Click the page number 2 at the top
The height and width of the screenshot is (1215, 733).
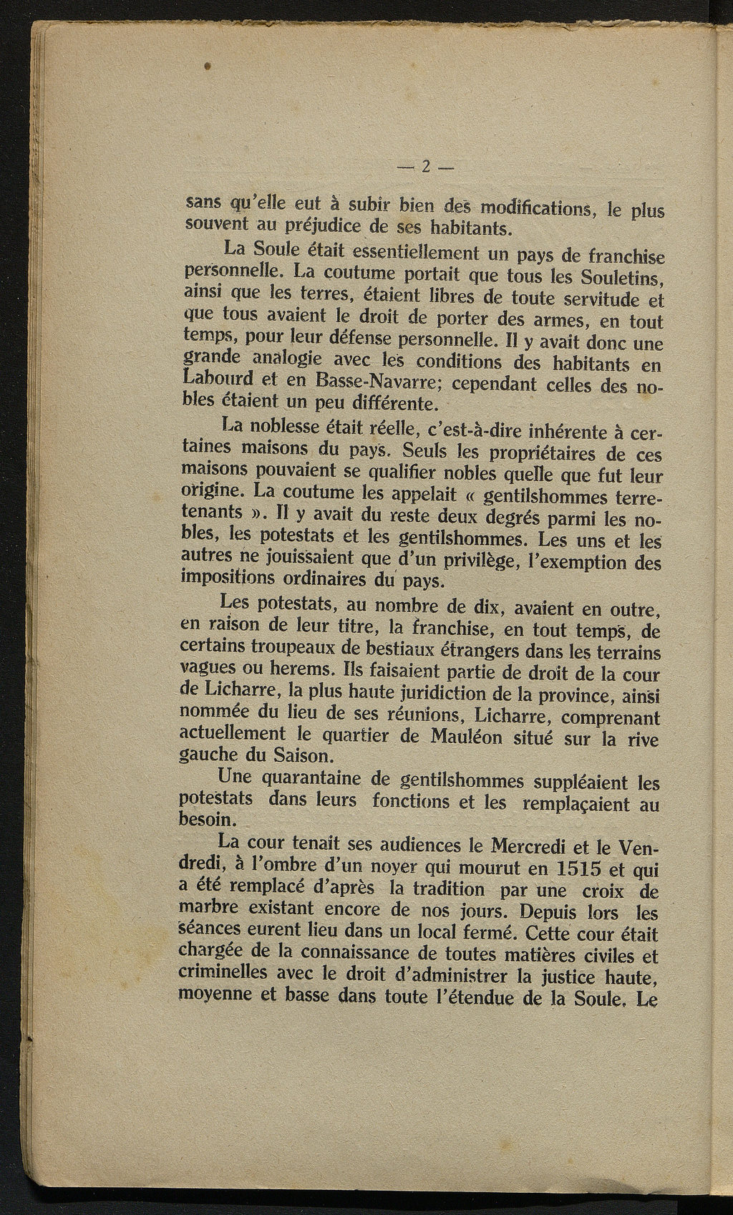425,167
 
